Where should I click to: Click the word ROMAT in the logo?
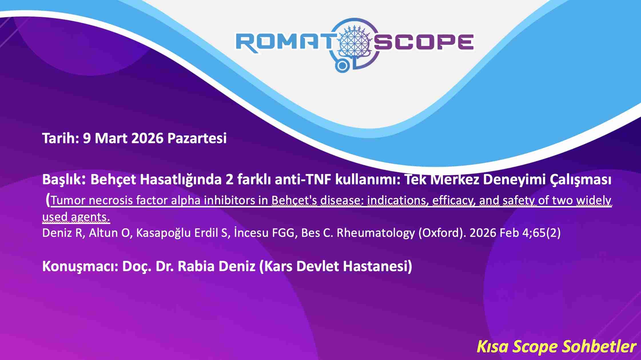pyautogui.click(x=284, y=43)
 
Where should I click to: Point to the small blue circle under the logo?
pyautogui.click(x=342, y=66)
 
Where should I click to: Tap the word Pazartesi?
pyautogui.click(x=197, y=138)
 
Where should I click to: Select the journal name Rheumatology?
pyautogui.click(x=376, y=233)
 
